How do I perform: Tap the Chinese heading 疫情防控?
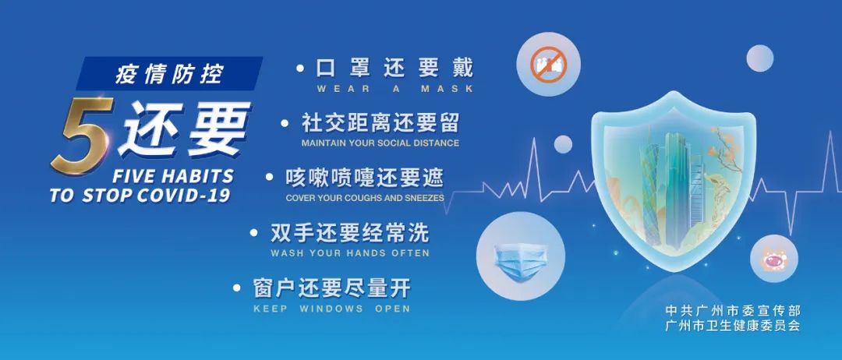point(169,74)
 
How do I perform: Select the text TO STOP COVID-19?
point(140,196)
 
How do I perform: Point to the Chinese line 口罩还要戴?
point(394,68)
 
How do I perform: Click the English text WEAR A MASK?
point(394,89)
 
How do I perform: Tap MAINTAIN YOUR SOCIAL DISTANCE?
point(380,143)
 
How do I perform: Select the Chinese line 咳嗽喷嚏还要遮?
point(365,178)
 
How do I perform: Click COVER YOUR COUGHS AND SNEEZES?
point(365,198)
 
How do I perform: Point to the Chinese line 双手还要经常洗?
point(349,233)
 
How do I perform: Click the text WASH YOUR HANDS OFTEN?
point(349,253)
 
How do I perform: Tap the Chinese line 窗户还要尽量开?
point(331,288)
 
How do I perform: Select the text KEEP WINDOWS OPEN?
point(331,309)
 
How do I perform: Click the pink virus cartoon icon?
point(774,259)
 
